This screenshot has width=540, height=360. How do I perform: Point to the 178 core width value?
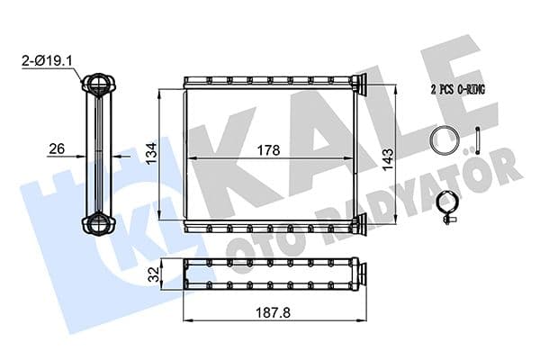pos(267,150)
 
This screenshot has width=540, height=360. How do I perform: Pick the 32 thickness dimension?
pos(156,274)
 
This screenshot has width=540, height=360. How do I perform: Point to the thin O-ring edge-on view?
pos(478,141)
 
